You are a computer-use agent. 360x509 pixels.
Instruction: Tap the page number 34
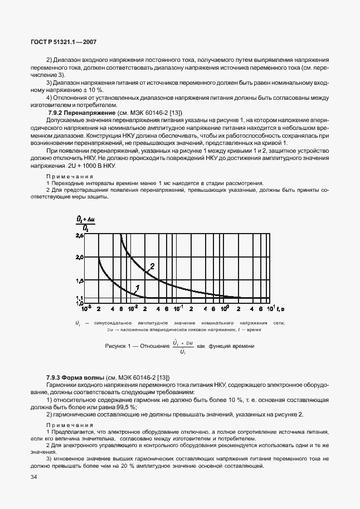coord(34,477)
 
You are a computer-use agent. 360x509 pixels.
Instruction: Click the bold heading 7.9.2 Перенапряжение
coord(79,113)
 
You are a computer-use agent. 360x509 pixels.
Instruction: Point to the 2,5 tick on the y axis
coord(79,236)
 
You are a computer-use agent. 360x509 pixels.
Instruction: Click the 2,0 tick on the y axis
coord(79,258)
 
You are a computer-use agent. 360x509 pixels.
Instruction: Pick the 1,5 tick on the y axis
coord(79,280)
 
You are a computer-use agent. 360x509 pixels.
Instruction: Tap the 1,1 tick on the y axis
coord(79,297)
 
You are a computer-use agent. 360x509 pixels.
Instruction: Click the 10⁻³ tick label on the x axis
coord(87,308)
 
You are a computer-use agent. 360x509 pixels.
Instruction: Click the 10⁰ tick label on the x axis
coord(225,308)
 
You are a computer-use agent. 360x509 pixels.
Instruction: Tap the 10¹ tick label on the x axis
coord(270,308)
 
